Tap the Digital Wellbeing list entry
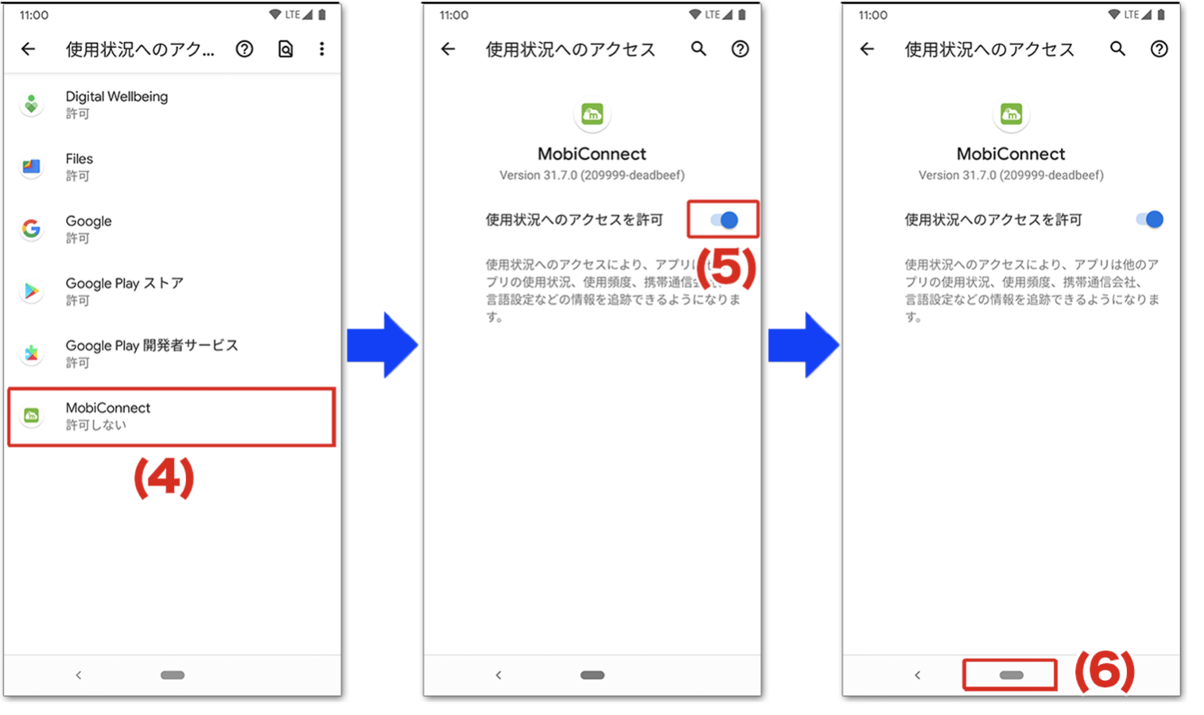[117, 104]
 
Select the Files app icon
[31, 166]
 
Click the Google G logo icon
[31, 229]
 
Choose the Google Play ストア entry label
[124, 284]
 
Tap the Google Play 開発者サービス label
[151, 346]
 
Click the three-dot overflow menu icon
[321, 49]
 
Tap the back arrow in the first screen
[29, 49]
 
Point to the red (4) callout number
[164, 478]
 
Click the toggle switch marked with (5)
[724, 220]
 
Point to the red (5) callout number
[725, 268]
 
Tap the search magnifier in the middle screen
[698, 49]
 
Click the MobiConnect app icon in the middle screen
[592, 114]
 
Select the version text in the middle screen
[592, 175]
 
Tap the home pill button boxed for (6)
[1011, 675]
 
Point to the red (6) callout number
[1105, 671]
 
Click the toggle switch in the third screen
[1149, 219]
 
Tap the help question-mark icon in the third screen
[1159, 49]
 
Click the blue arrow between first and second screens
[383, 345]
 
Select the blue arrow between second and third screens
[803, 345]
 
